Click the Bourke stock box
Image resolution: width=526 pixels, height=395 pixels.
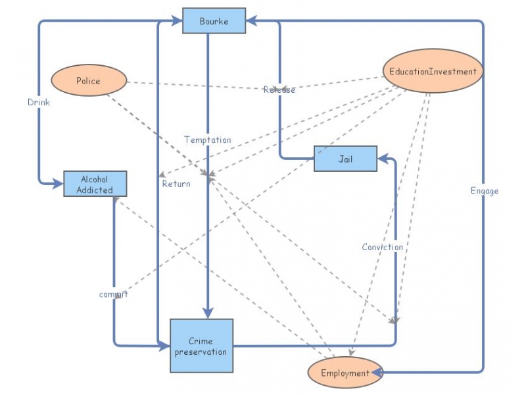pos(214,20)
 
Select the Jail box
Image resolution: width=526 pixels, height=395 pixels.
pos(345,159)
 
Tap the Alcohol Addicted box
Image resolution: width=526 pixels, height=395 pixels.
pos(95,184)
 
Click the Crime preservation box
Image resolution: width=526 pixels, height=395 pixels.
pos(201,346)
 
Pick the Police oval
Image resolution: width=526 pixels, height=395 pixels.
pos(88,80)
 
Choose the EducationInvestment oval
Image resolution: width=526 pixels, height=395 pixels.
pos(433,71)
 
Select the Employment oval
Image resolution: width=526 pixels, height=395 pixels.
pos(345,373)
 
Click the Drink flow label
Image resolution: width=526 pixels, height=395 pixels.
pos(38,102)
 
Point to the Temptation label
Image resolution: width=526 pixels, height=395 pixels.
pos(207,140)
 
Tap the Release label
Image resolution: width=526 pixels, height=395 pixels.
pos(279,90)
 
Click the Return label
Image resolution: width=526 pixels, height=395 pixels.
pos(176,184)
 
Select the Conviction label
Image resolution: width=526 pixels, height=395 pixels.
pos(382,247)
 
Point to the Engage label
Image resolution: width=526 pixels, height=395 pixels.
pos(485,191)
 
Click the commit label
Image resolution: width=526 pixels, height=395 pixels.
pos(113,294)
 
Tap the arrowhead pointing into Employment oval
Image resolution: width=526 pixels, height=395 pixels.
pos(377,373)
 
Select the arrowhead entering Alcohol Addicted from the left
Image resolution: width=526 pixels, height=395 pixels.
pos(58,184)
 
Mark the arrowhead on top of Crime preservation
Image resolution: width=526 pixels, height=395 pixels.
pos(208,313)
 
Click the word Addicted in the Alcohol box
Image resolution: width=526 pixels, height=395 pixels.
pos(95,190)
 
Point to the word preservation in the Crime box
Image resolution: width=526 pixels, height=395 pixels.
pos(201,352)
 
